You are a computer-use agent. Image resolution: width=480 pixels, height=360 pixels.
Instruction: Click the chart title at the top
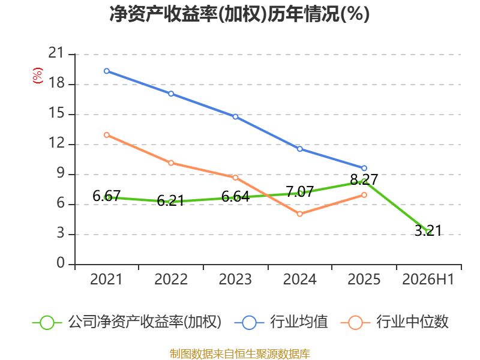point(239,14)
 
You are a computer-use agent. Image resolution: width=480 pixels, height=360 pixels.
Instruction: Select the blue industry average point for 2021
point(107,71)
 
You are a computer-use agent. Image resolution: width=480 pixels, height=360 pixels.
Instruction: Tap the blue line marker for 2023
point(235,116)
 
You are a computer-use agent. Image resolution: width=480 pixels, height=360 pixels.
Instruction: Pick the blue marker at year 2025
point(364,168)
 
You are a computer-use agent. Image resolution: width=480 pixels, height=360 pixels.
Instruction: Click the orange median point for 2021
point(107,135)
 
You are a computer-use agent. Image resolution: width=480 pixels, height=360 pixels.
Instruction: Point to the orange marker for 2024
point(299,214)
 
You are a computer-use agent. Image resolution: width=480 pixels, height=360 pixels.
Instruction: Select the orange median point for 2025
point(364,195)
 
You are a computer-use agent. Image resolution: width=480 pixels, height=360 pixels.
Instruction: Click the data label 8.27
point(364,179)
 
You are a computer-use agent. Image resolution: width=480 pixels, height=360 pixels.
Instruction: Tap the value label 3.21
point(428,230)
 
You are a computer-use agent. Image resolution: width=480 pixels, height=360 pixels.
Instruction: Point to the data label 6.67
point(107,196)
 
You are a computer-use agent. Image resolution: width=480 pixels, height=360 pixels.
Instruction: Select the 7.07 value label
point(299,192)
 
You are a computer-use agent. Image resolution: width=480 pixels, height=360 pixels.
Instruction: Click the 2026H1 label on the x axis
point(428,280)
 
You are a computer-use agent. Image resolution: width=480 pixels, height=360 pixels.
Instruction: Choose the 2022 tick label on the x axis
point(171,280)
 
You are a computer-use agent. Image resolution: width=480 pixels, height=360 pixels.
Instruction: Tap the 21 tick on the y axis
point(56,53)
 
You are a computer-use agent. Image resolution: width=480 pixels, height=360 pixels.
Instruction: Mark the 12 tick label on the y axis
point(56,143)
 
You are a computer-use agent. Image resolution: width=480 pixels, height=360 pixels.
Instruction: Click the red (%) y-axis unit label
point(38,76)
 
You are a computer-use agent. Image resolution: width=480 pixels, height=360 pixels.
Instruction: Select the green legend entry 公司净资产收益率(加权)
point(127,322)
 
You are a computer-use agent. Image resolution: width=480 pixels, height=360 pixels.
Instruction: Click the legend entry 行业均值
point(281,322)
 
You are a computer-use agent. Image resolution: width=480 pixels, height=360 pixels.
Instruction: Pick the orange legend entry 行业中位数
point(394,322)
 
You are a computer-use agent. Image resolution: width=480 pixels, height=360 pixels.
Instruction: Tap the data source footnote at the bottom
point(239,354)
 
